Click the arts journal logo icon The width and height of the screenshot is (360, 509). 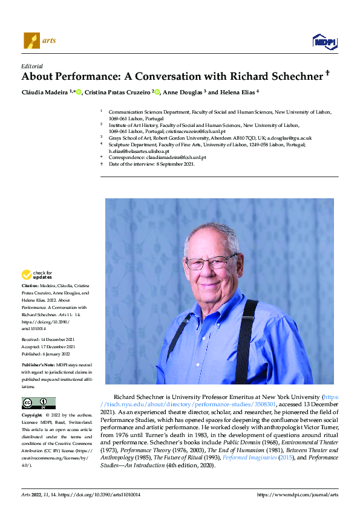31,41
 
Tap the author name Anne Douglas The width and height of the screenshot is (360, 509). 182,92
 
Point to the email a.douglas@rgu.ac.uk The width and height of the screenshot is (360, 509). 284,138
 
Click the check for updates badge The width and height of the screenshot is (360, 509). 37,274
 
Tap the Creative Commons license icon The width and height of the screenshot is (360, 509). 38,403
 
